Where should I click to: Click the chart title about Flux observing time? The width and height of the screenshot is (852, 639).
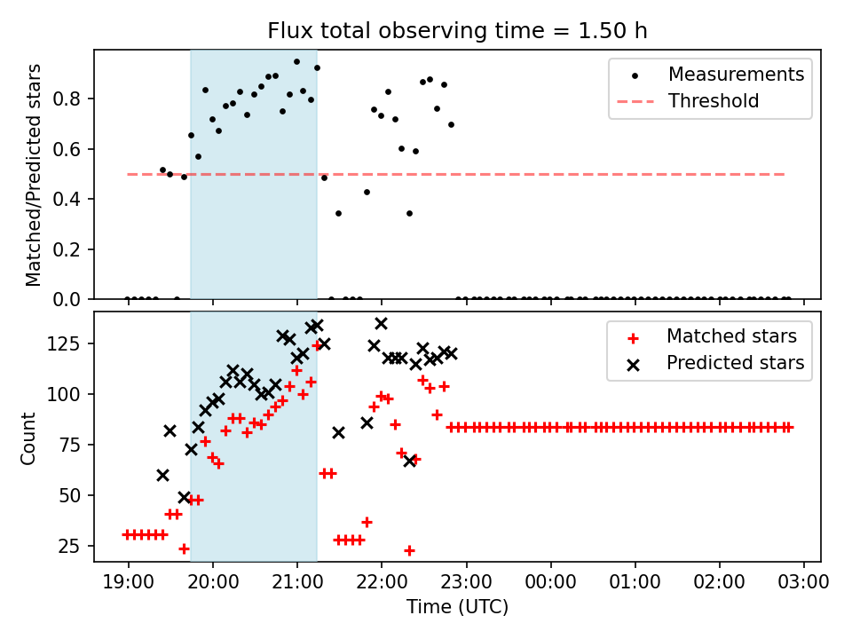coord(457,31)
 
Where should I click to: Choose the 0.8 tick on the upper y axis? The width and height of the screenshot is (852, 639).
coord(75,98)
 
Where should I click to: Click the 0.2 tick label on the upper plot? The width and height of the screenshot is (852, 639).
coord(75,249)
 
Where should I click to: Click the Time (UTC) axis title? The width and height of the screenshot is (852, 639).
coord(457,608)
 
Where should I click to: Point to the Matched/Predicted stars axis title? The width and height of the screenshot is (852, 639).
coord(34,175)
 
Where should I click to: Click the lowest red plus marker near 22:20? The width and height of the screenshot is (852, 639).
coord(409,550)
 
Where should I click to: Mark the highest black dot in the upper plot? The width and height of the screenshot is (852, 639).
coord(296,62)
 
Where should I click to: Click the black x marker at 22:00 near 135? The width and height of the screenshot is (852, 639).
coord(381,324)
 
